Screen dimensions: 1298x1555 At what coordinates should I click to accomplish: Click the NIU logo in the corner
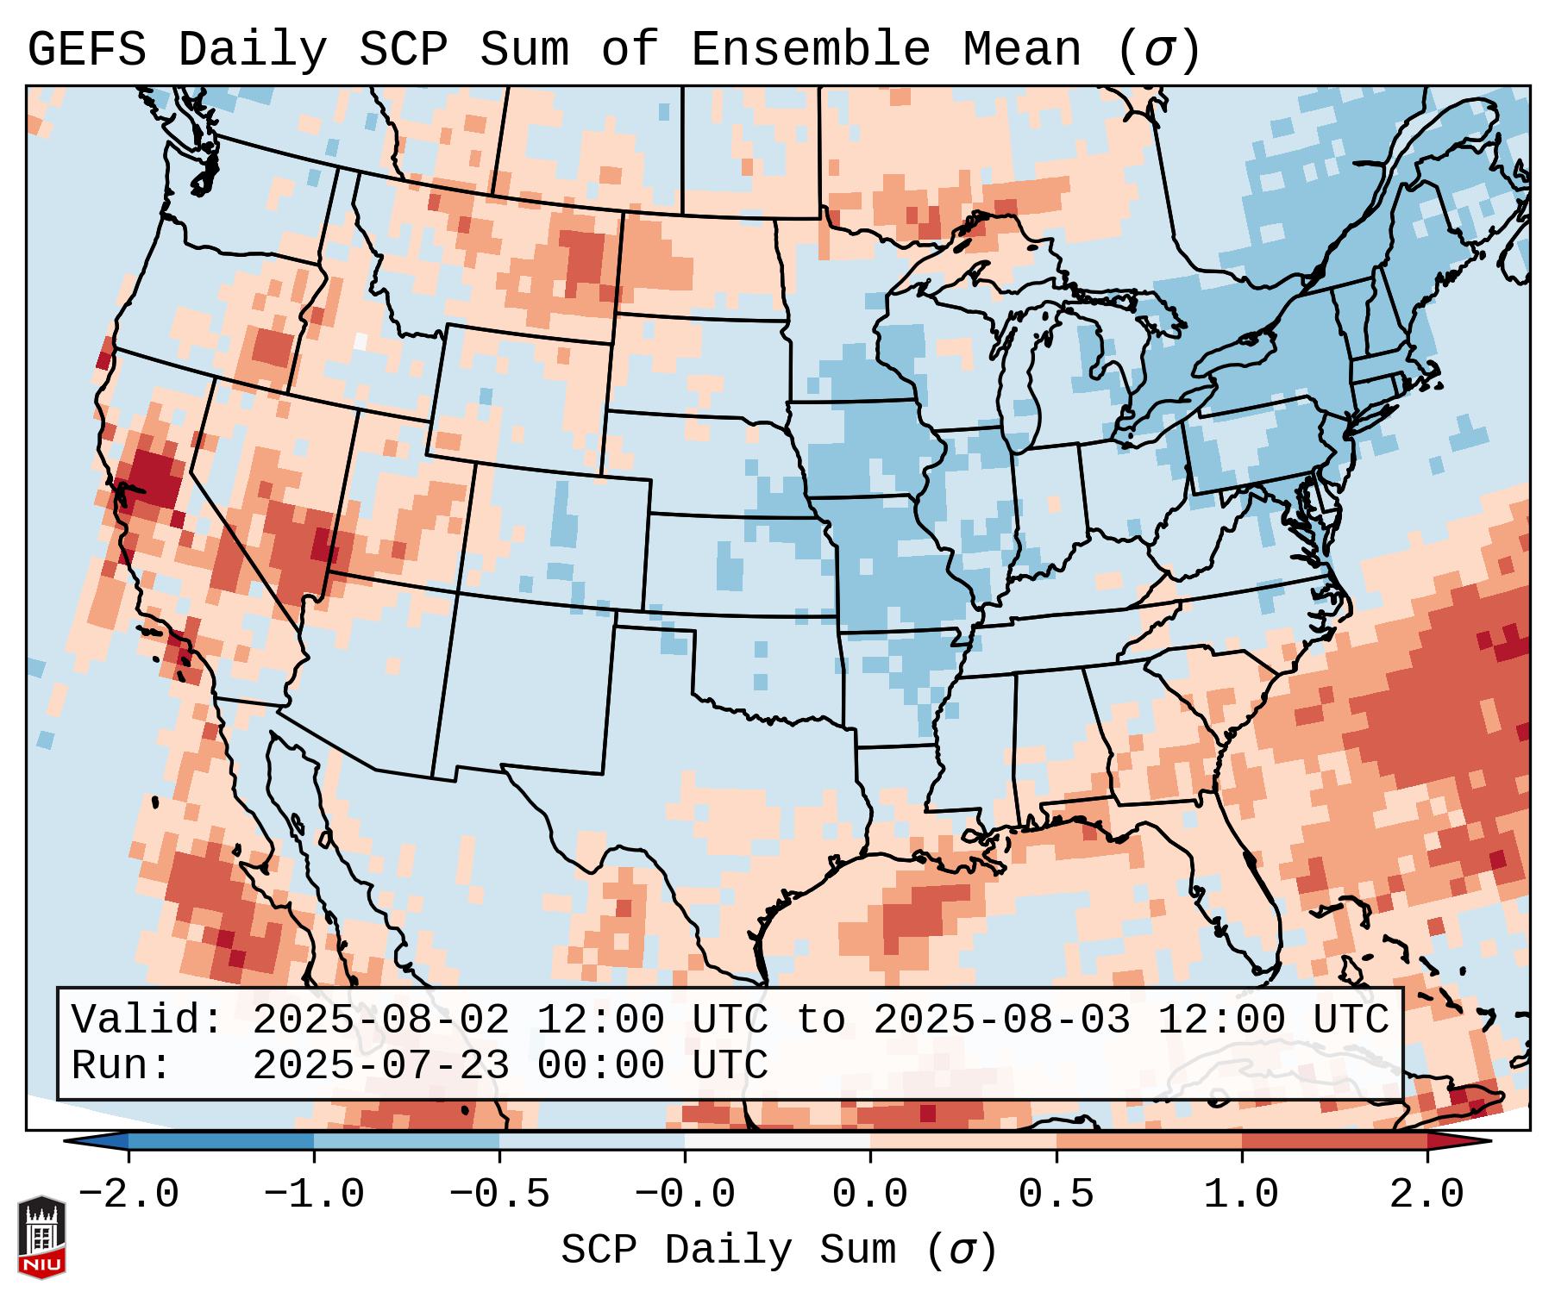(x=41, y=1237)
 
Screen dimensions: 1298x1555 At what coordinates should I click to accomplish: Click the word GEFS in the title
(x=86, y=50)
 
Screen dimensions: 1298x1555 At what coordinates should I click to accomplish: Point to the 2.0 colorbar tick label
(x=1426, y=1194)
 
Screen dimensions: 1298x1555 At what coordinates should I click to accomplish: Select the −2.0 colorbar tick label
(x=129, y=1194)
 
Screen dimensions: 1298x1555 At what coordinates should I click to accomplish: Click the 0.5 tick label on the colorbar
(x=1056, y=1194)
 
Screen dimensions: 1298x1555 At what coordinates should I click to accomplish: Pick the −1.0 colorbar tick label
(x=314, y=1194)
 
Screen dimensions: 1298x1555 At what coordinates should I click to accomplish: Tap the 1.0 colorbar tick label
(x=1241, y=1194)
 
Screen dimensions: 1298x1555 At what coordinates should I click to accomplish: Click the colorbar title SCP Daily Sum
(x=728, y=1251)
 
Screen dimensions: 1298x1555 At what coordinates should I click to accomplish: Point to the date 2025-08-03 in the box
(x=1001, y=1020)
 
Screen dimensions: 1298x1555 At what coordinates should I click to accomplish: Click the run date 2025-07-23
(x=380, y=1066)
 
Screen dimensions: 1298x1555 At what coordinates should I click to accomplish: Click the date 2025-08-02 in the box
(x=380, y=1020)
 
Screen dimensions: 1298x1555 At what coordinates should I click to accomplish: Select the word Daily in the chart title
(x=252, y=50)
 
